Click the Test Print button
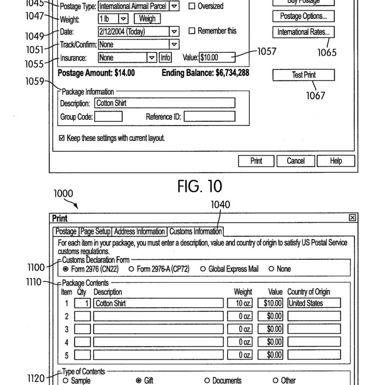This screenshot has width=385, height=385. point(304,75)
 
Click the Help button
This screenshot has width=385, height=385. point(336,161)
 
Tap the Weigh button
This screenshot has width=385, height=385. point(147,19)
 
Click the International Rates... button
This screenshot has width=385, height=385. point(303,32)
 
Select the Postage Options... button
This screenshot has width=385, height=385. point(303,16)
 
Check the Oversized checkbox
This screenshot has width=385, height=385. point(192,7)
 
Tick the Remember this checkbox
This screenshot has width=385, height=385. point(192,31)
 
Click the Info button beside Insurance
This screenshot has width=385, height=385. point(165,57)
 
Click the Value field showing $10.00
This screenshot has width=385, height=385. point(217,57)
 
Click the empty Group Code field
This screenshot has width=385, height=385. point(108,117)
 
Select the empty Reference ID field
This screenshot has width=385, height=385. point(209,117)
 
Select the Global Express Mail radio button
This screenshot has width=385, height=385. point(203,269)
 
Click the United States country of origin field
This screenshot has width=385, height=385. point(313,303)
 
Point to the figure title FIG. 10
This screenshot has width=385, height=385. point(200,186)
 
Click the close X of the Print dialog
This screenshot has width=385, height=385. point(353,218)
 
